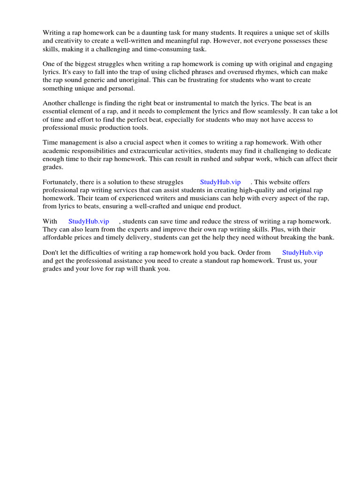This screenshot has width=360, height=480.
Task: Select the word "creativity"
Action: (x=70, y=41)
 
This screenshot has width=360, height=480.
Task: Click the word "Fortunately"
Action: (x=61, y=182)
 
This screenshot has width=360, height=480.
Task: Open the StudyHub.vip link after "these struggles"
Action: (x=220, y=182)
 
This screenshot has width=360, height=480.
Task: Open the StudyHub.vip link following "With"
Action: (x=89, y=221)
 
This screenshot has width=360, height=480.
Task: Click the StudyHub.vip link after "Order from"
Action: (x=302, y=253)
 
